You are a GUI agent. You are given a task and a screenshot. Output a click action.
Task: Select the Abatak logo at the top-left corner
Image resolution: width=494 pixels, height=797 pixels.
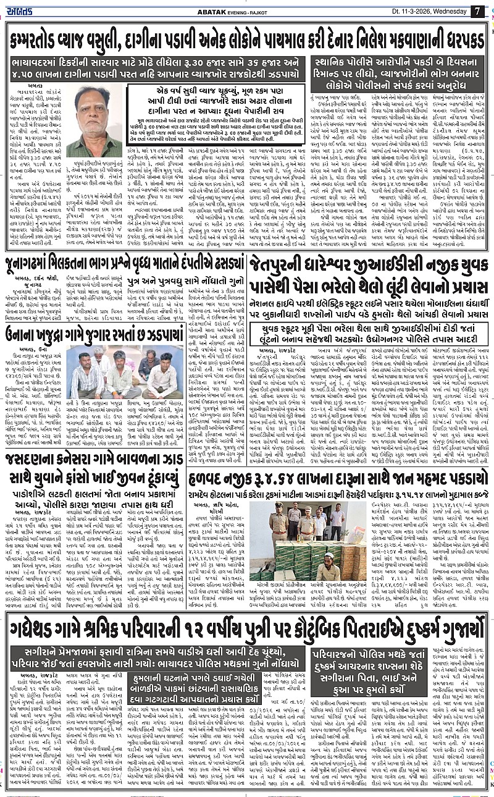(x=23, y=11)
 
